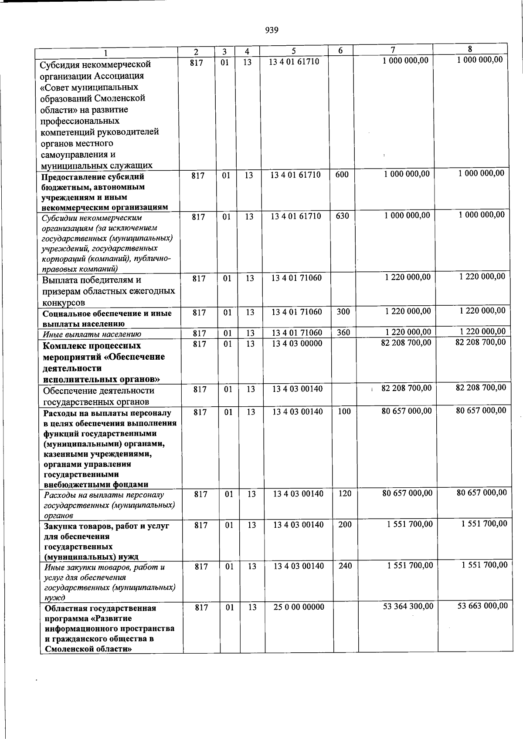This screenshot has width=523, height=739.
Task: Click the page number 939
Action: point(272,30)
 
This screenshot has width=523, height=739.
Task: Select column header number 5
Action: point(294,51)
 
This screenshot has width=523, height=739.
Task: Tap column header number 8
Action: point(470,49)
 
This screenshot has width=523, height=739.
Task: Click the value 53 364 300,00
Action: point(408,606)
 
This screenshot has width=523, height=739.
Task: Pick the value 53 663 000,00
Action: point(482,605)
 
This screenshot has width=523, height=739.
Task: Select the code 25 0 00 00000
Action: point(299,607)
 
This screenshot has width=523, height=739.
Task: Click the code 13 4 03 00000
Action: point(297,343)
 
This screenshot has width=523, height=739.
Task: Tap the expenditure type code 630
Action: point(342,216)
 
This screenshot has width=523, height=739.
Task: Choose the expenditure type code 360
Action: point(343,333)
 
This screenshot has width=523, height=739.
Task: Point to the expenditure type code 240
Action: point(345,566)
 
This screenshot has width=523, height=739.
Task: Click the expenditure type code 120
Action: point(345,493)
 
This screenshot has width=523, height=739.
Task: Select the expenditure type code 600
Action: point(342,175)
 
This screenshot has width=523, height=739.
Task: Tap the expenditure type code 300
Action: point(343,312)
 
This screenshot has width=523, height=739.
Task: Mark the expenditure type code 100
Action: point(344,411)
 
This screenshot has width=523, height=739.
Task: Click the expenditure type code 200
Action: point(345,525)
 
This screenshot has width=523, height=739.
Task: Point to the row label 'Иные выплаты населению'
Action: point(92,334)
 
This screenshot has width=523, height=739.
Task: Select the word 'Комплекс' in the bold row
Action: point(64,346)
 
